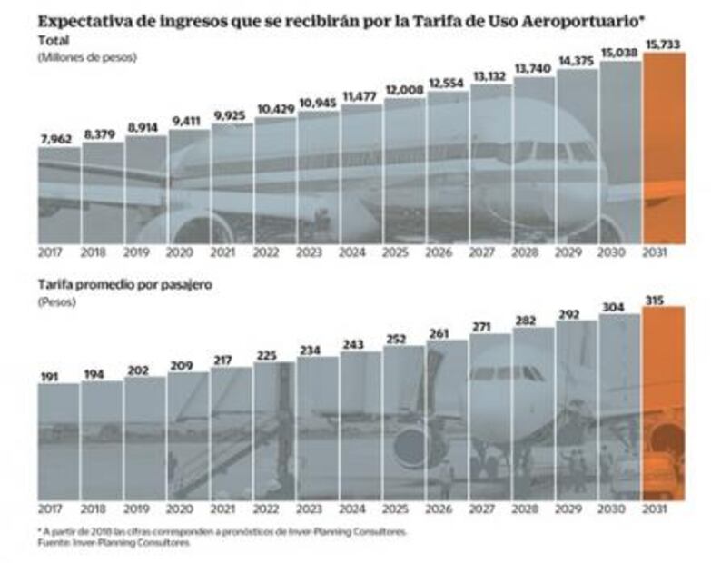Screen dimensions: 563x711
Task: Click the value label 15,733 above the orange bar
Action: [663, 44]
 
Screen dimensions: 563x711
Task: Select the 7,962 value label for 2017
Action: [59, 139]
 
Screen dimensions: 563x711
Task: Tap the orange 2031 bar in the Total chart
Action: [663, 145]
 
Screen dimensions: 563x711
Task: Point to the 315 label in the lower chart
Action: [663, 299]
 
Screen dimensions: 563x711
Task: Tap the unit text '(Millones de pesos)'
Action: [86, 56]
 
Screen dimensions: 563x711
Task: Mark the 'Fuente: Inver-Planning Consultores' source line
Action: [115, 543]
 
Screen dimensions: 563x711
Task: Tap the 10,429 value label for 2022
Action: [274, 109]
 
